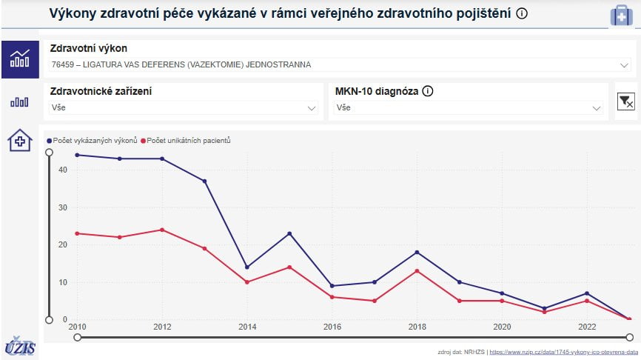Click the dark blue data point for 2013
coord(204,181)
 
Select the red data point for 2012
coord(162,230)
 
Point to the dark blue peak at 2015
coord(289,233)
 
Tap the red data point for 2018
coord(417,270)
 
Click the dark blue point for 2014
coord(247,267)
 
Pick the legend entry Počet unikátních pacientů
coord(188,140)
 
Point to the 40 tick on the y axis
coord(63,170)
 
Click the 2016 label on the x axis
coord(332,327)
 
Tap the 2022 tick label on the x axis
coord(587,327)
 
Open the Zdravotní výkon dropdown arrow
coord(623,64)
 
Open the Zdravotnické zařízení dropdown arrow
coord(312,108)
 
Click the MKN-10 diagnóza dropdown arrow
coord(597,108)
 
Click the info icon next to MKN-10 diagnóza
coord(428,92)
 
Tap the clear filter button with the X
coord(625,101)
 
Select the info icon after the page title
coord(522,14)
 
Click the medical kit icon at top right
coord(621,15)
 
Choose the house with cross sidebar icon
coord(19,139)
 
